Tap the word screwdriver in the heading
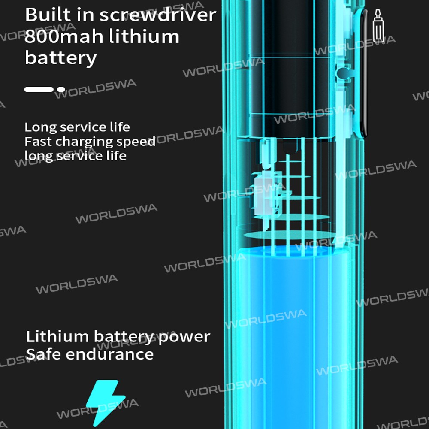pos(157,15)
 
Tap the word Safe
pos(43,354)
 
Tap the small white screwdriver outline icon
pos(378,26)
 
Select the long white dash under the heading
pos(39,89)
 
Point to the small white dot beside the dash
pos(61,89)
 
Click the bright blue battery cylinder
pos(292,335)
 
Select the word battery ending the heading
pos(60,58)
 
